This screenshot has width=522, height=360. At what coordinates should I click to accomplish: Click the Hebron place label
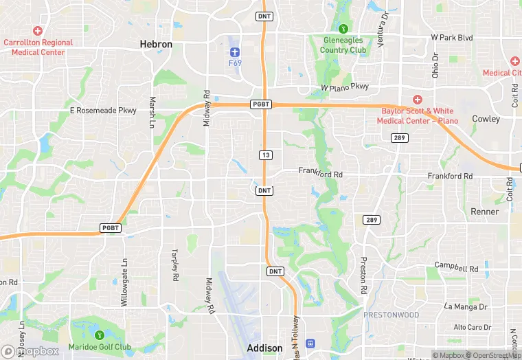[156, 44]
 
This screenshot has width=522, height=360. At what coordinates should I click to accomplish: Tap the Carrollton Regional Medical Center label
[38, 47]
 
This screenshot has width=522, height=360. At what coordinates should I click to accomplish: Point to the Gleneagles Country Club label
[343, 45]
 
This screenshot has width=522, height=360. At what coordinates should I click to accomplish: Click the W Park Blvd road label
[452, 37]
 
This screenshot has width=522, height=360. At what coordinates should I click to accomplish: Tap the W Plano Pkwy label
[345, 87]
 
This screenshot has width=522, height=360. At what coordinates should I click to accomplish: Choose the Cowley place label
[486, 119]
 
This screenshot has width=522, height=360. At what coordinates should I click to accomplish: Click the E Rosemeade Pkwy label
[103, 110]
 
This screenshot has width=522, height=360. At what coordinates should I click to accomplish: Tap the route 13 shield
[265, 155]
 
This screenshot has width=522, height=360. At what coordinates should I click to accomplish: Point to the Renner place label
[485, 212]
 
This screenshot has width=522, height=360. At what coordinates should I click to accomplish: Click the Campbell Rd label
[456, 267]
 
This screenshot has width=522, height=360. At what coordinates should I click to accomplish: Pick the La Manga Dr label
[466, 306]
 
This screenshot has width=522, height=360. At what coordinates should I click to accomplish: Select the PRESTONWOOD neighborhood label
[391, 315]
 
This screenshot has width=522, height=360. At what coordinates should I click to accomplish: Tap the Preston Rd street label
[362, 275]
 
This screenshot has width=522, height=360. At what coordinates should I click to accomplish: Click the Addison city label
[264, 348]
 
